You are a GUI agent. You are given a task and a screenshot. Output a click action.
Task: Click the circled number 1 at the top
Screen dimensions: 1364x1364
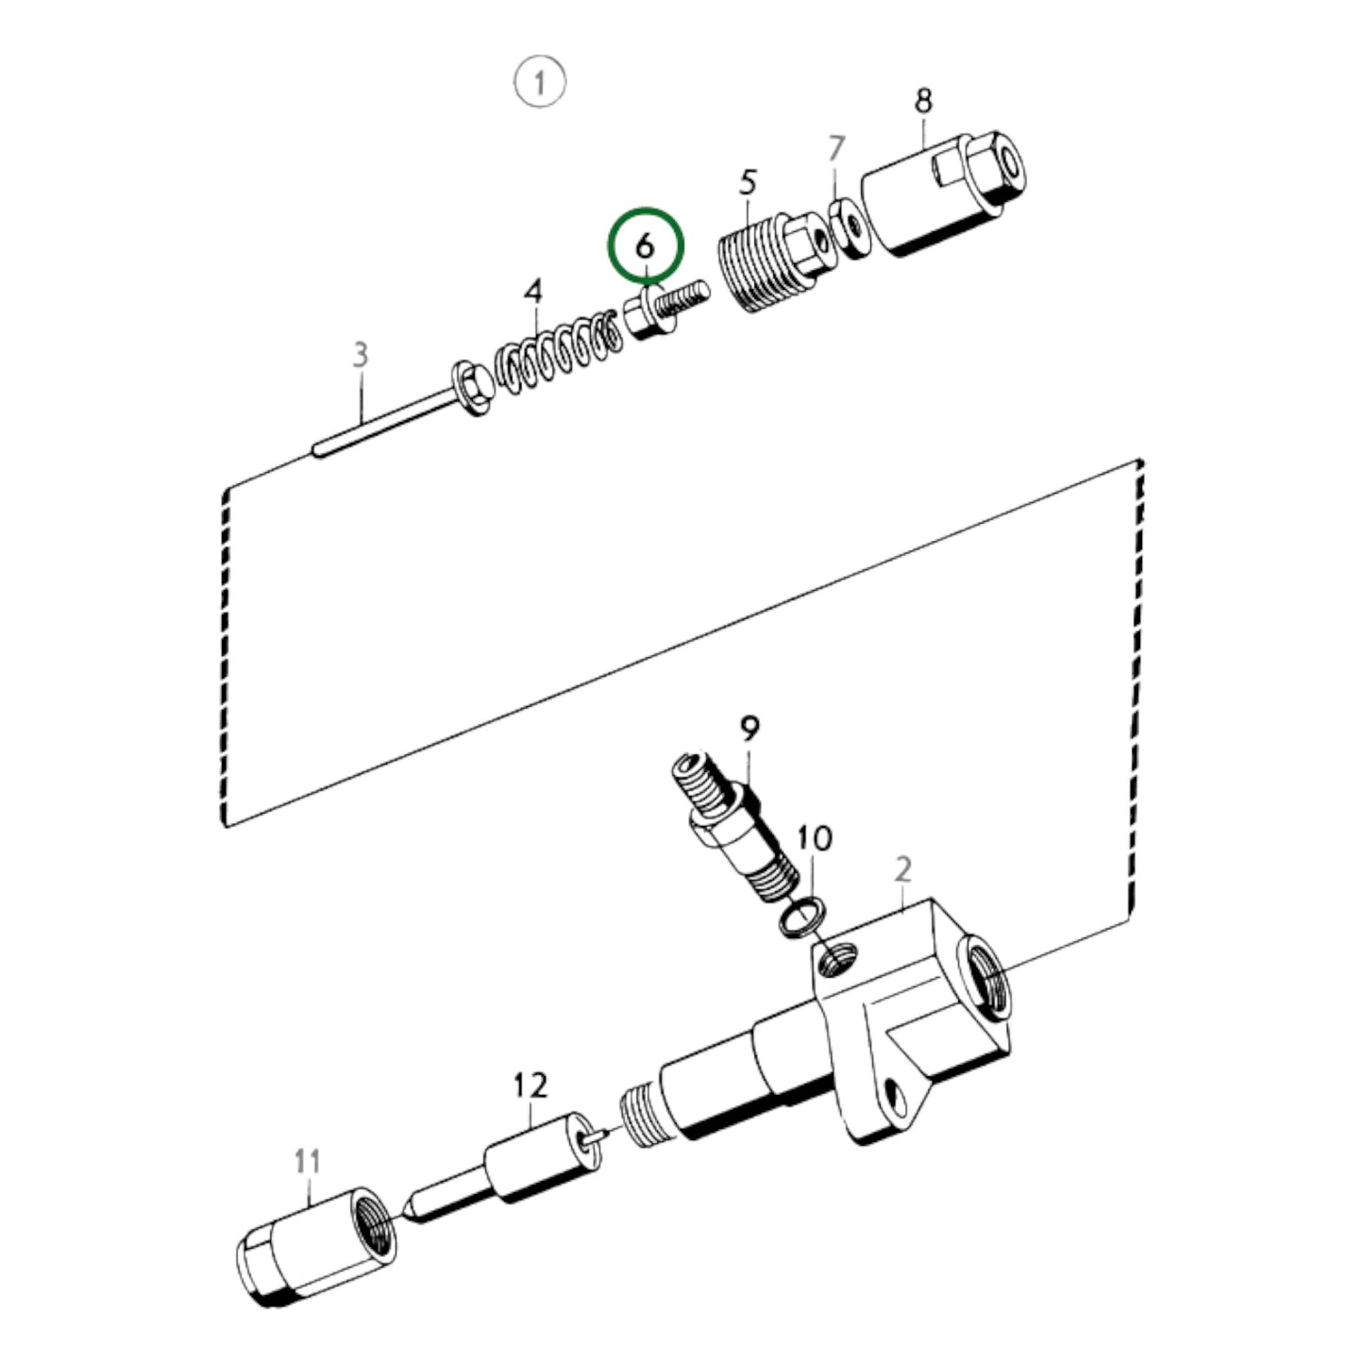point(539,82)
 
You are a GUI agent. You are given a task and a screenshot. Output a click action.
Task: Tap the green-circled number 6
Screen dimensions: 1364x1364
point(645,245)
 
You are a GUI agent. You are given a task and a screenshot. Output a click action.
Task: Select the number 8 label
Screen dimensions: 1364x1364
point(922,100)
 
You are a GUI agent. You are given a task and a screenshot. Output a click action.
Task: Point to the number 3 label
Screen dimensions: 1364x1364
point(360,355)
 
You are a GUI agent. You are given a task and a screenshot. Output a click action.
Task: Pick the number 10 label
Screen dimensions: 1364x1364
point(815,837)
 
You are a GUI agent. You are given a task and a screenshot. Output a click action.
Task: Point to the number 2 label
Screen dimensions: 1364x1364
point(903,868)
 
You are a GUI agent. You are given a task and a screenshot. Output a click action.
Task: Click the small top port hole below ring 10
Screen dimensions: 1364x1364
point(838,960)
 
